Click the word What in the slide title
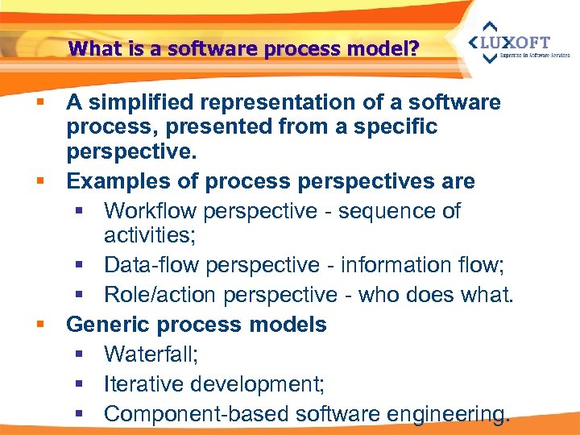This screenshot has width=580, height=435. (89, 49)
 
